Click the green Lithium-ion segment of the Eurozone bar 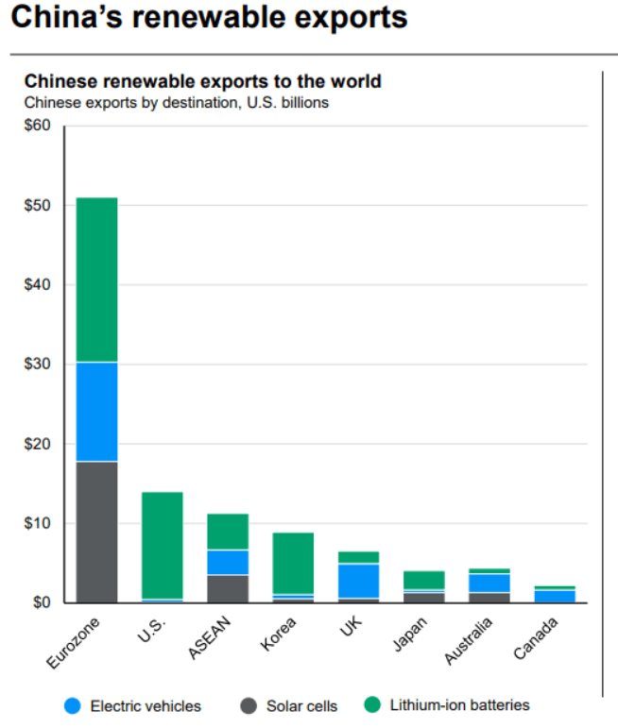96,279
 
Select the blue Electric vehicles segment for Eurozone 96,412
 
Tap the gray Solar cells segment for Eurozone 96,532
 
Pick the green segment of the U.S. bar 163,545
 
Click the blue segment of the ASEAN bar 228,562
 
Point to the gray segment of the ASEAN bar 228,588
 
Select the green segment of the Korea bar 293,563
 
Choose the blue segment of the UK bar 358,581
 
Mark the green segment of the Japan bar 424,580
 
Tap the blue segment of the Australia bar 489,583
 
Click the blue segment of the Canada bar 555,596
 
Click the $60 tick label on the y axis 38,126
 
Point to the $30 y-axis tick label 38,364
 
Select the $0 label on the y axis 42,602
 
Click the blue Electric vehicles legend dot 72,705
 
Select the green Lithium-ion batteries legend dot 372,704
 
